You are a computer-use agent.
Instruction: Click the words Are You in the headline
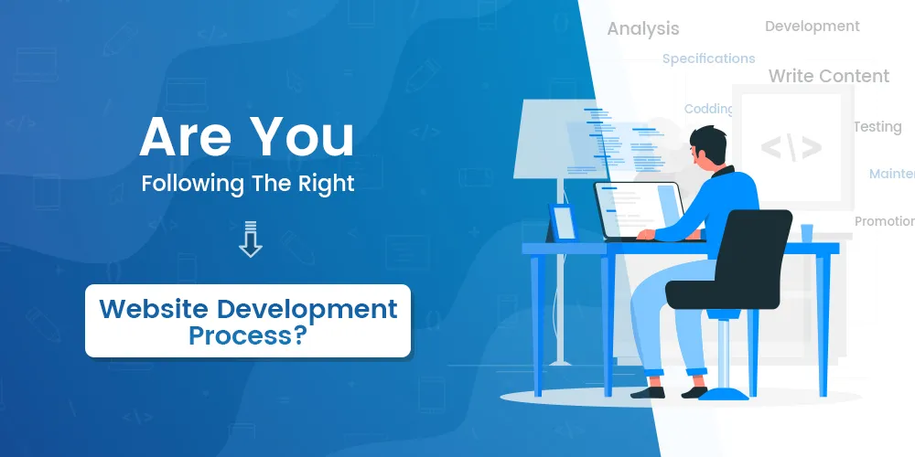247,137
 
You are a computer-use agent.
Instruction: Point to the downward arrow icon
249,240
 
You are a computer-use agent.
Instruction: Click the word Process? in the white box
247,335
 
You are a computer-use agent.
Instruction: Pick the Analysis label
643,28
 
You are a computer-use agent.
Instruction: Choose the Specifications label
708,58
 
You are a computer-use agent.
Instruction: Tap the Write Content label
828,76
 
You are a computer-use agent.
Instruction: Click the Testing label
877,127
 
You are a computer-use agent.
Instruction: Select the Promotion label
884,221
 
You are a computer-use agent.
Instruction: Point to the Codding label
708,109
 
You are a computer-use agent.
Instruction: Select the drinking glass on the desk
806,233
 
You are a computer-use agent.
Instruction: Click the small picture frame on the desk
562,223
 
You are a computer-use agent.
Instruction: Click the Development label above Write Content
812,27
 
